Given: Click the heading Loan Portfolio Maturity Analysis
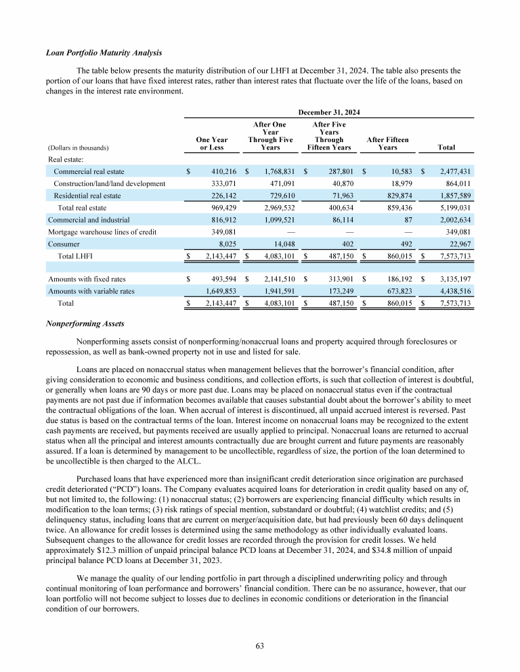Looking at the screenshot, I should pos(104,53).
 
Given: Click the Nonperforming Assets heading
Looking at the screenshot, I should pos(79,323).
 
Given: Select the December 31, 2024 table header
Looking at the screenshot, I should pos(328,112).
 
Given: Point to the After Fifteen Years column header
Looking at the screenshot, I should pos(387,143).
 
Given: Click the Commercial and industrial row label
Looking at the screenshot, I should pos(89,219).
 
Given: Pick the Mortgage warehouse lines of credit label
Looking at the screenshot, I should pos(102,231).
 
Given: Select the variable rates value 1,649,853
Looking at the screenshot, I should pos(216,291).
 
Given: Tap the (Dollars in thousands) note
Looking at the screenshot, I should pos(79,147).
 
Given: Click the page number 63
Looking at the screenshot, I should pos(259,645).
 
